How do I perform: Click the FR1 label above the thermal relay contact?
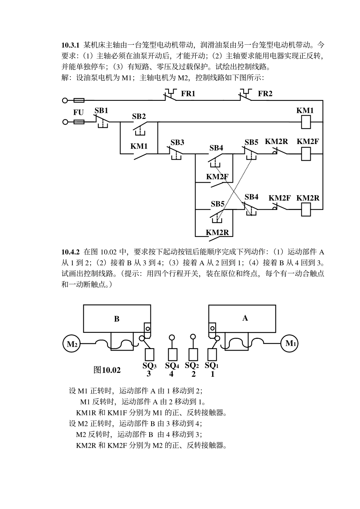188,94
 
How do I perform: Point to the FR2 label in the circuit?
265,94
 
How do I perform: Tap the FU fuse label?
78,113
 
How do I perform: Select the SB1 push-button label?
101,110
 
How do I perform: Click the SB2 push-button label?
139,116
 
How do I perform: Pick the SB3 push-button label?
177,143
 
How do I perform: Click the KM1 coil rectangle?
305,122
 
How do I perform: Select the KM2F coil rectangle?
305,153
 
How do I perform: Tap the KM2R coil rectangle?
305,209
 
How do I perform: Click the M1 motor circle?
290,344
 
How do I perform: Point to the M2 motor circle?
72,344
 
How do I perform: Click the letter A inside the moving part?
245,318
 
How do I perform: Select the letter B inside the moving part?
117,319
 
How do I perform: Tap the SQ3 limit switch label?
149,366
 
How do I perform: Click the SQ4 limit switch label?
172,366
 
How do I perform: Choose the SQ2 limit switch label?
192,365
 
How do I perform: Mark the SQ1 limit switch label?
212,365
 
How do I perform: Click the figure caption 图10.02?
107,370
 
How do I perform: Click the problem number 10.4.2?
70,252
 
